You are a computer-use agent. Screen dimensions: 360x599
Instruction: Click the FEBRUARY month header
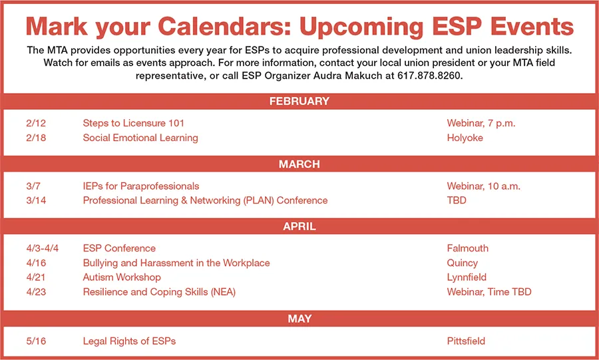pos(299,102)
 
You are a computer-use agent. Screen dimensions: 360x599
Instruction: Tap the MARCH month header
pos(299,164)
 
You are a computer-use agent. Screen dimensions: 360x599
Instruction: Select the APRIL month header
pos(299,227)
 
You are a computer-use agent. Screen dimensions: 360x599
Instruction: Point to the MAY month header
pos(299,319)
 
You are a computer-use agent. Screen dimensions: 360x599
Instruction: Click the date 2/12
pos(37,123)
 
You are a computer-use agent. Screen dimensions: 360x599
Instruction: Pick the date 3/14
pos(37,200)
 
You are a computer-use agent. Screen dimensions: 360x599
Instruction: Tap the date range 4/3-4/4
pos(43,248)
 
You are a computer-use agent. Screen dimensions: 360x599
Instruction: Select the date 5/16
pos(37,341)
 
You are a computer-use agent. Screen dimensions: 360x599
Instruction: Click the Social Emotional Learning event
pos(140,138)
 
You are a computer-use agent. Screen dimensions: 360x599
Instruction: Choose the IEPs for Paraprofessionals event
pos(141,186)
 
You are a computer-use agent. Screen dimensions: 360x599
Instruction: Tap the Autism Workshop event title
pos(122,277)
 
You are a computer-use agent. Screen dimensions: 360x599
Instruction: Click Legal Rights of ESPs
pos(129,341)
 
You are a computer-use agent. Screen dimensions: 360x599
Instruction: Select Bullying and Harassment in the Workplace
pos(176,263)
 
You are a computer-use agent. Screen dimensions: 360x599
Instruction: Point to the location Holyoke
pos(465,138)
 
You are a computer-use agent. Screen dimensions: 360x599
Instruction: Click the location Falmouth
pos(468,248)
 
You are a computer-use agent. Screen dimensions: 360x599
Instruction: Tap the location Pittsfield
pos(467,341)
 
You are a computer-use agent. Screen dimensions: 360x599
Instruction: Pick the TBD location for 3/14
pos(457,200)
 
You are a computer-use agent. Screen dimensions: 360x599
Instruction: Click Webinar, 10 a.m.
pos(483,186)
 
